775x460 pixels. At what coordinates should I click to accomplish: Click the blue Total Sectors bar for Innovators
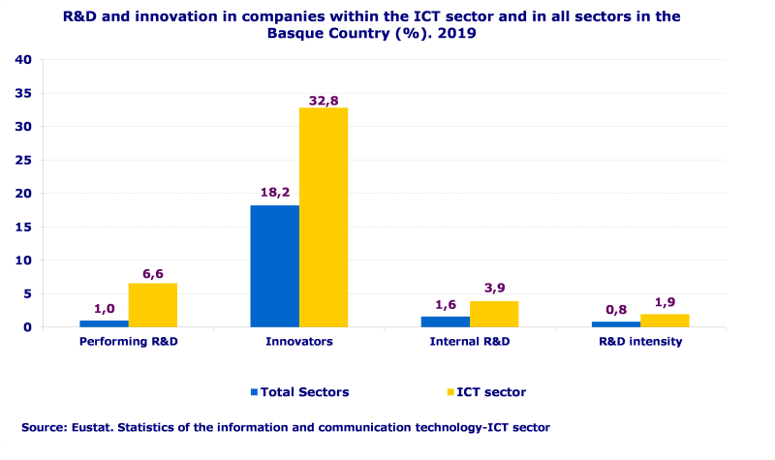(x=274, y=266)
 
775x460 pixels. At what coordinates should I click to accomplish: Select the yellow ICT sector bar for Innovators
(x=323, y=217)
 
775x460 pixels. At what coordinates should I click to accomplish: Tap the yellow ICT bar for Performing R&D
(x=152, y=305)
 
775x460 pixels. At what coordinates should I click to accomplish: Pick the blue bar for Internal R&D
(x=445, y=322)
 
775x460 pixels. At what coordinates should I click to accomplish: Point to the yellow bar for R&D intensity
(x=664, y=321)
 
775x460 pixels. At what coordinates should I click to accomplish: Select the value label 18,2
(x=274, y=193)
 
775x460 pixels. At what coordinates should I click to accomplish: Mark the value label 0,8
(x=615, y=309)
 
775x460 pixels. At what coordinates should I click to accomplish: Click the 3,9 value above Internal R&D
(x=494, y=289)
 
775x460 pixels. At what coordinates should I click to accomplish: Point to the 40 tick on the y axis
(x=24, y=60)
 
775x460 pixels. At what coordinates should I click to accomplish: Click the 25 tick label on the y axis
(x=24, y=161)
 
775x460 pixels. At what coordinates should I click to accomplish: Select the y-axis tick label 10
(x=24, y=261)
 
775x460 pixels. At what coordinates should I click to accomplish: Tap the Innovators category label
(x=298, y=342)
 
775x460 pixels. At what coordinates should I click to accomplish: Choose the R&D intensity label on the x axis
(x=639, y=342)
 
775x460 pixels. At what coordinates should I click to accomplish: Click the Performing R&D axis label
(x=128, y=342)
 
